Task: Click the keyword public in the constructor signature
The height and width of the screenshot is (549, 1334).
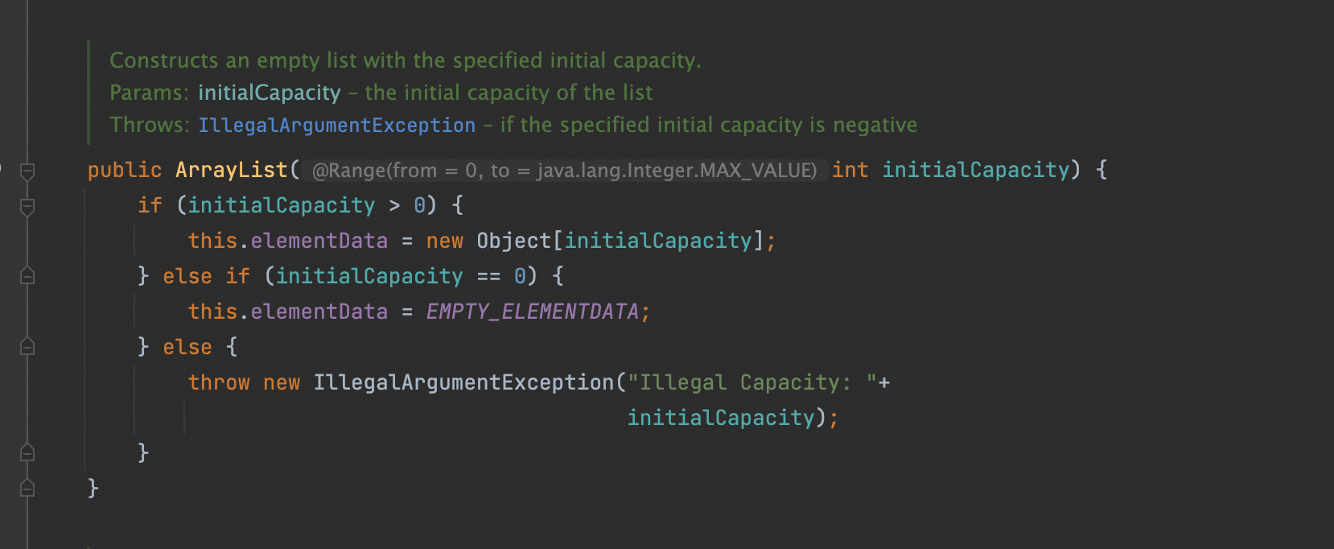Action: click(124, 170)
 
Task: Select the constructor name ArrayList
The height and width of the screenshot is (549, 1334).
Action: click(231, 170)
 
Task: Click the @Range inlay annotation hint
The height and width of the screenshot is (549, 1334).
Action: click(564, 171)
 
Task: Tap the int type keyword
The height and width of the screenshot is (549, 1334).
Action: click(850, 170)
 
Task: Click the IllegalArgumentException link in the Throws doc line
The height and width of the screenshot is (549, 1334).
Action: click(336, 126)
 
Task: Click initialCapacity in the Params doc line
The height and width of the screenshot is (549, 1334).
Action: click(269, 93)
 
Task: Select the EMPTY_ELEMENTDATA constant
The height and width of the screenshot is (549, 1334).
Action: click(532, 312)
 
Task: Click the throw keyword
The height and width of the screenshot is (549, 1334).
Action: click(219, 382)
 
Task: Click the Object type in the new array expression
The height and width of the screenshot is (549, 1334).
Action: click(513, 241)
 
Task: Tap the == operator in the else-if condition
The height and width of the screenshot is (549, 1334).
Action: click(488, 277)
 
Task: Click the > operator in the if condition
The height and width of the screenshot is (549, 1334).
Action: click(394, 206)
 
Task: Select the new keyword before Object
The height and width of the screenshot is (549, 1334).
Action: click(444, 241)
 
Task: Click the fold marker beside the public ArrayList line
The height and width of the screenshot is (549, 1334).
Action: click(27, 171)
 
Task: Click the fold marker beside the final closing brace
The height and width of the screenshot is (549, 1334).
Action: click(27, 488)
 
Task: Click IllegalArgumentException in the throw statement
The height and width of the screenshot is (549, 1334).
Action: click(463, 382)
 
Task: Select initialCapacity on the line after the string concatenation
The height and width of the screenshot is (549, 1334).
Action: click(721, 418)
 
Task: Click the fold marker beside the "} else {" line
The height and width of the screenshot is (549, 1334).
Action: click(27, 347)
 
